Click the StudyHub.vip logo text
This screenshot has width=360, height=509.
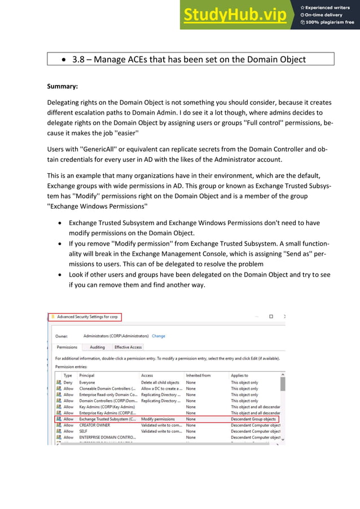[x=234, y=15]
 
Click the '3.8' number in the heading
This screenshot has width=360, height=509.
[x=79, y=59]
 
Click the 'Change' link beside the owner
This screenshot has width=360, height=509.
[x=159, y=336]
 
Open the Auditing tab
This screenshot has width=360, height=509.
[x=97, y=347]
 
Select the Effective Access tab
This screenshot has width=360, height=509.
[x=128, y=347]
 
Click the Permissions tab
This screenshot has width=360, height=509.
[x=67, y=347]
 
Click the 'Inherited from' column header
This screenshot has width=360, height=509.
[x=198, y=375]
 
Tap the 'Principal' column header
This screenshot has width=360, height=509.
[x=87, y=375]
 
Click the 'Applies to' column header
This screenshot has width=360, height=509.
[x=239, y=375]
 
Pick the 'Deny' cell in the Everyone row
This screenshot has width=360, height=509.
[x=68, y=383]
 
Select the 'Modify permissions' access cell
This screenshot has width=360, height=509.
[x=157, y=419]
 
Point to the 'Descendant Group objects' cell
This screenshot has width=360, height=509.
[x=253, y=419]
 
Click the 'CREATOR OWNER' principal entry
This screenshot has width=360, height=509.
[x=95, y=425]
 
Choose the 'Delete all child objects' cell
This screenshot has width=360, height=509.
[x=160, y=383]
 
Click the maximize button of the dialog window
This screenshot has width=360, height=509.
[x=271, y=317]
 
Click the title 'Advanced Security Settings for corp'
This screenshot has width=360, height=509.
[x=88, y=317]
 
